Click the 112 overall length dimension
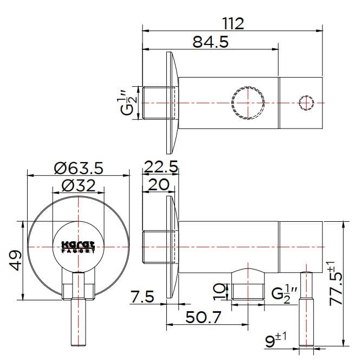(234, 23)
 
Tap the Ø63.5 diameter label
(79, 168)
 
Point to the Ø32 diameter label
(79, 186)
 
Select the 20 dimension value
(158, 185)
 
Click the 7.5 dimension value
(142, 297)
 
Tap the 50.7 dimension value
(204, 317)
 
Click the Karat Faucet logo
(79, 247)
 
